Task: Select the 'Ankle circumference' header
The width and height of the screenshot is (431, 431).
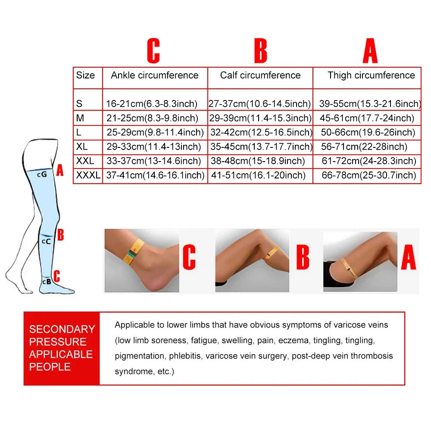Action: pos(154,75)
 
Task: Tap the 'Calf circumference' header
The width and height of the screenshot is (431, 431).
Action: pos(260,75)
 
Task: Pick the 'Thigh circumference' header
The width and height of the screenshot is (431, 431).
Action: pos(371,75)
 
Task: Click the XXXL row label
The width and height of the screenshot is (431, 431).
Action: pos(88,175)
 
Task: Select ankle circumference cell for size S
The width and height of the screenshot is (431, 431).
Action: pos(152,103)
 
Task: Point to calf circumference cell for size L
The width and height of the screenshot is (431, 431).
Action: pos(261,132)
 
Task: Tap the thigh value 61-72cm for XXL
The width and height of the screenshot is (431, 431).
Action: pos(369,161)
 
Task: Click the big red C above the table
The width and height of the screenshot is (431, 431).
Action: pos(153,51)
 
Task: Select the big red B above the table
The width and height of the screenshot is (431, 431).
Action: pos(260,51)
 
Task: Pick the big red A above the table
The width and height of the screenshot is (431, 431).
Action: pos(370,51)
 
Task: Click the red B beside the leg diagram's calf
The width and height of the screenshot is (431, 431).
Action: pos(61,235)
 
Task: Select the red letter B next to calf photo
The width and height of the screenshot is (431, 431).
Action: pos(303,258)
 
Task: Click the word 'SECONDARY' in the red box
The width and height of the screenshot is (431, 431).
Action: pos(62,329)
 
